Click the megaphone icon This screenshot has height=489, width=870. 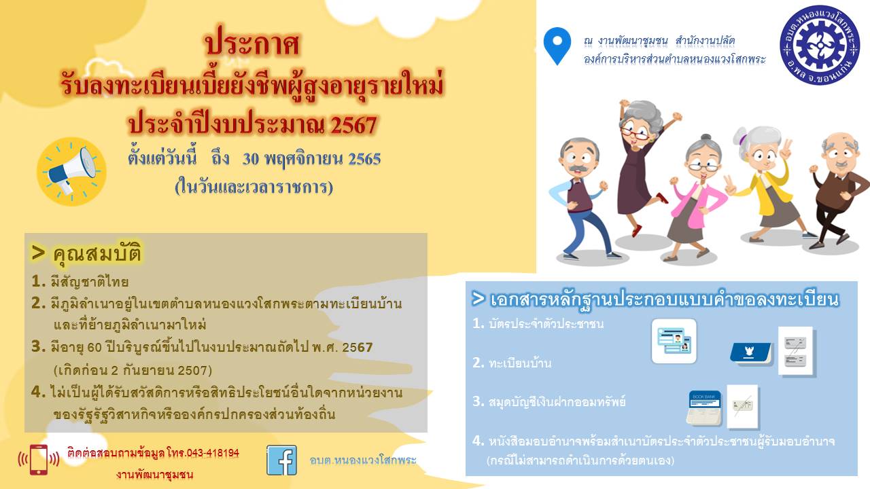pyautogui.click(x=71, y=171)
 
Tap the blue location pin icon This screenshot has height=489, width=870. pyautogui.click(x=557, y=45)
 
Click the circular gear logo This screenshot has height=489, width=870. pyautogui.click(x=820, y=45)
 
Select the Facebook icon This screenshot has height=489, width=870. pyautogui.click(x=281, y=460)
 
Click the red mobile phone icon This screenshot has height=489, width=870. pyautogui.click(x=39, y=460)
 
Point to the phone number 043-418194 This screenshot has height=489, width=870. pyautogui.click(x=213, y=453)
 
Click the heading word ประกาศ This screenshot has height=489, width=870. pyautogui.click(x=252, y=43)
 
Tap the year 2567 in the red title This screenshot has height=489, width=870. pyautogui.click(x=354, y=125)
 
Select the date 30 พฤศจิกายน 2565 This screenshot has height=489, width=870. pyautogui.click(x=311, y=159)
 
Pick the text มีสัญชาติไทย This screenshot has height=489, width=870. pyautogui.click(x=89, y=282)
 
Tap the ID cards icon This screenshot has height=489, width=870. pyautogui.click(x=674, y=341)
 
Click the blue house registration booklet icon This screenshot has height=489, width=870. pyautogui.click(x=750, y=352)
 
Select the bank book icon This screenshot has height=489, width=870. pyautogui.click(x=703, y=407)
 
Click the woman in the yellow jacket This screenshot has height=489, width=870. pyautogui.click(x=767, y=183)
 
